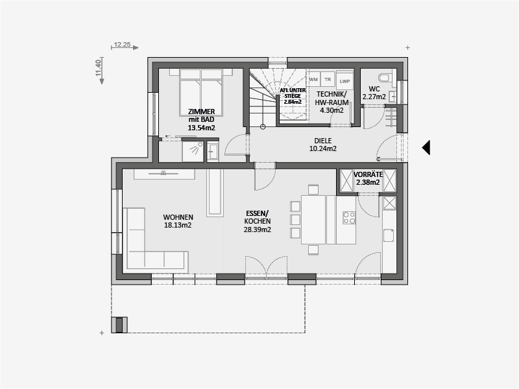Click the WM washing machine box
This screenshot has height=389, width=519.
tap(313, 80)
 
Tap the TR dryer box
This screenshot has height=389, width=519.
tap(328, 80)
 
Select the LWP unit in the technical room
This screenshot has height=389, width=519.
tap(344, 82)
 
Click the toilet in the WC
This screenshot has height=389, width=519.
tap(386, 78)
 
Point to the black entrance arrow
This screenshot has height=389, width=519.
tap(426, 148)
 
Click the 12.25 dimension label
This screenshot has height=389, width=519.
tap(122, 44)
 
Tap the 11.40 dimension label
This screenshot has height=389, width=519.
tap(98, 68)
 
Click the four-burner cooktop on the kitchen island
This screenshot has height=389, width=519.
tap(349, 218)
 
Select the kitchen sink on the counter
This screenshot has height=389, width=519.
tap(389, 235)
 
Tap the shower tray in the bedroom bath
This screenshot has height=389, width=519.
tap(193, 150)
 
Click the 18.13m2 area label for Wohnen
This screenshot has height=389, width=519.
tap(178, 225)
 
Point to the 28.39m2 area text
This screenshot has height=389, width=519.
tap(257, 230)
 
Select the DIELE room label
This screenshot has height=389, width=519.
tap(322, 141)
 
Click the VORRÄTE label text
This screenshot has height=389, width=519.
tap(368, 174)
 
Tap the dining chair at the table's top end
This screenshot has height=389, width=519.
tap(313, 189)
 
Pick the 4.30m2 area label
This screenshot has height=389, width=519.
tap(332, 110)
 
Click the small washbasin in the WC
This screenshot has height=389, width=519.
tap(392, 96)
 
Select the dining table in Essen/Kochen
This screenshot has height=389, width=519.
tap(313, 220)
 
